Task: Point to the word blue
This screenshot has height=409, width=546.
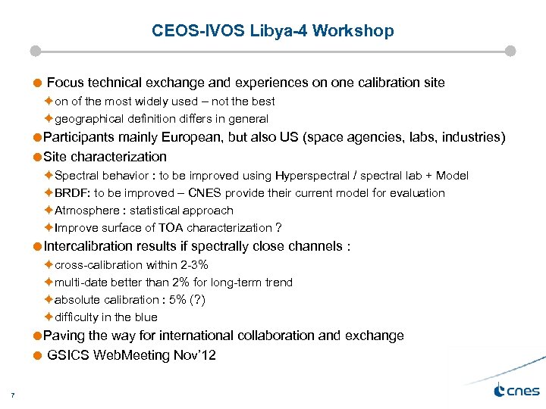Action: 145,317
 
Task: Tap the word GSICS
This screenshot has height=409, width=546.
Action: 67,355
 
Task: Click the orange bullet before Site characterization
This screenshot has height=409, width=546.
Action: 37,158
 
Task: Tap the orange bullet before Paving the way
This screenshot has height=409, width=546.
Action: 37,336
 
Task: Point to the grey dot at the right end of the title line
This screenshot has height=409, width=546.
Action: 510,52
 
